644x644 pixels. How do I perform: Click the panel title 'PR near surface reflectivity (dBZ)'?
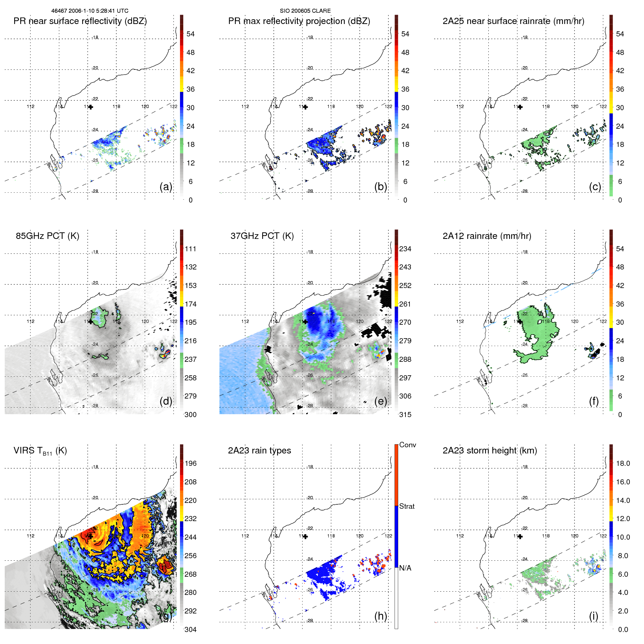(x=80, y=21)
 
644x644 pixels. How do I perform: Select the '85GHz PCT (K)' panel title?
(x=47, y=236)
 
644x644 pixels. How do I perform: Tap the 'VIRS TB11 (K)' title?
(x=40, y=451)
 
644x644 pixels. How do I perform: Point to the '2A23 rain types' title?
(x=259, y=451)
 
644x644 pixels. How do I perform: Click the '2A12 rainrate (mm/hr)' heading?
(x=487, y=236)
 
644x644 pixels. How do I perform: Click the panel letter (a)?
(x=166, y=187)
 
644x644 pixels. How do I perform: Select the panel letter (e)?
(x=380, y=401)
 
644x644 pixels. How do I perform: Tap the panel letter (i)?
(x=593, y=616)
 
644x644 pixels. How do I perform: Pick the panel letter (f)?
(x=593, y=401)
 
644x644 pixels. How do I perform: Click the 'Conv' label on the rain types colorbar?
(x=407, y=445)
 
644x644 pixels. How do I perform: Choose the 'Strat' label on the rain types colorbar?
(x=407, y=506)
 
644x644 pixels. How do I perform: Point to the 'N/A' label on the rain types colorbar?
(x=405, y=568)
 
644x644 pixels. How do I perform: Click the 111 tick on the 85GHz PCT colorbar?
(x=191, y=249)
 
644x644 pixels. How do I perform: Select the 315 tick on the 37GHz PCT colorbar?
(x=405, y=415)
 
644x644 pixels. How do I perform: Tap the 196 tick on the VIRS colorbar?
(x=191, y=463)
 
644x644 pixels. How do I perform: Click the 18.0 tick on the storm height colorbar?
(x=623, y=463)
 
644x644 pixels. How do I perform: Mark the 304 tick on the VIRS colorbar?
(x=191, y=629)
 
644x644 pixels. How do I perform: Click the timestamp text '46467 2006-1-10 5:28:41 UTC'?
(x=89, y=11)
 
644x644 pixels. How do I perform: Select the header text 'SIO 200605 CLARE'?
(x=305, y=11)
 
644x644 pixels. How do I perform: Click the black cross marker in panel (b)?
(x=305, y=107)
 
